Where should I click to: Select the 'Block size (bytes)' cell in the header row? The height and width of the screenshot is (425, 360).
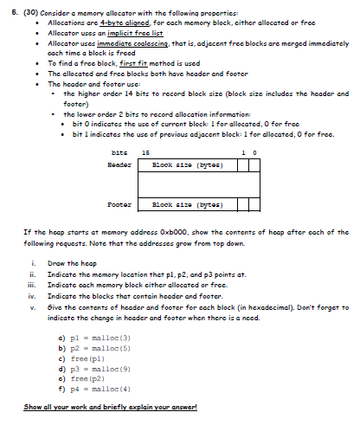[x=180, y=163]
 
